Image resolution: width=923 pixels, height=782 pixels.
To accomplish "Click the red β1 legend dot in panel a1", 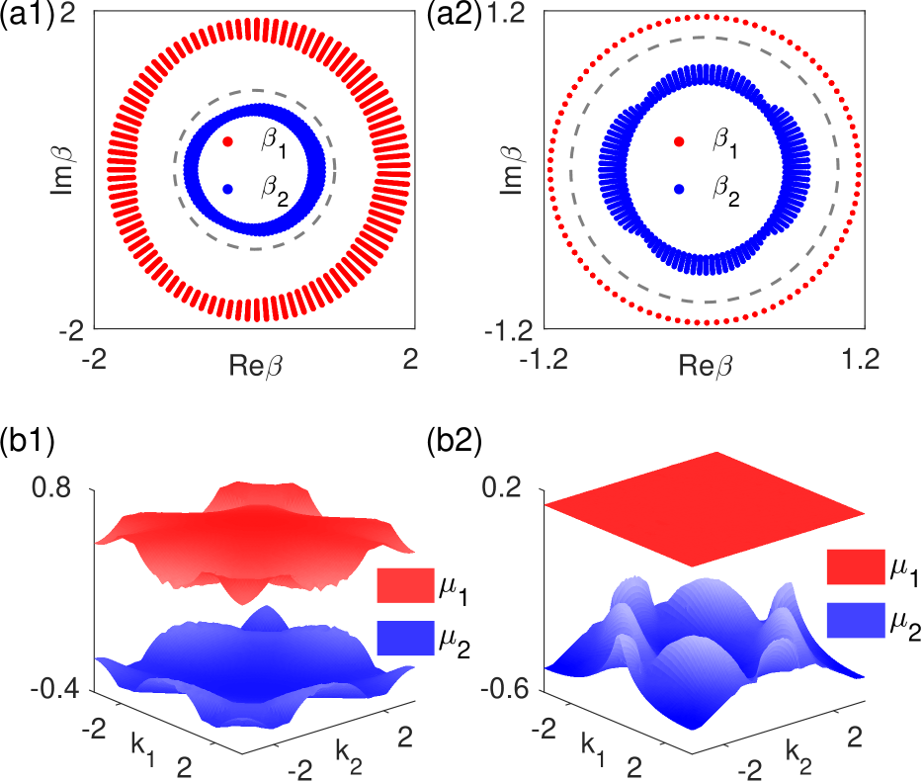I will tap(228, 142).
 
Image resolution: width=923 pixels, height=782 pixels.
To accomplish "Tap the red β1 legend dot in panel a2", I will tap(677, 142).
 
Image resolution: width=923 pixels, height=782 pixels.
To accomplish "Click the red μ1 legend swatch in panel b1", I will tap(405, 586).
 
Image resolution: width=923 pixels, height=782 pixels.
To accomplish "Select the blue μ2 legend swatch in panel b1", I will tap(405, 639).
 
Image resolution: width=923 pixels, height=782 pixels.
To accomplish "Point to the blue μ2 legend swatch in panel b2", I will tap(857, 620).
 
